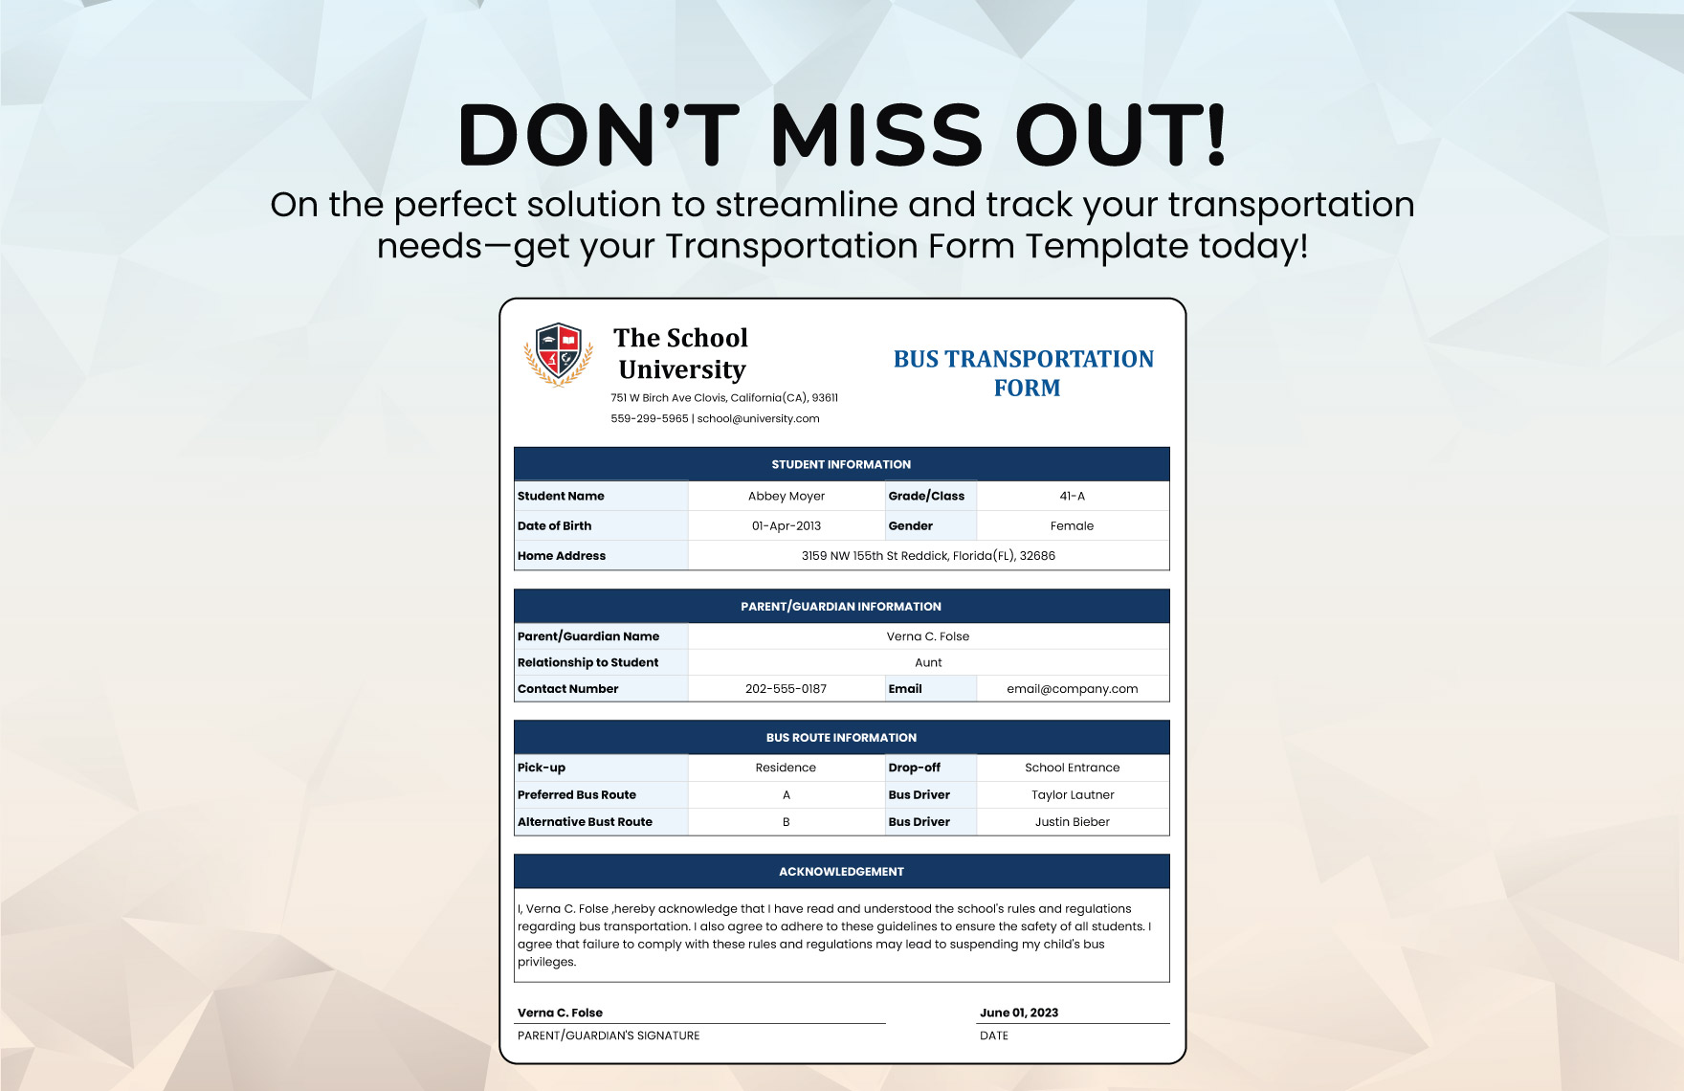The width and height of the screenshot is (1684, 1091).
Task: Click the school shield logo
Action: [x=559, y=354]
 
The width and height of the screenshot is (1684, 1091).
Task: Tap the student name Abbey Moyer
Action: [x=787, y=496]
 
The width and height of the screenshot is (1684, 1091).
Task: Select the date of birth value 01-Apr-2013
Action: [x=787, y=525]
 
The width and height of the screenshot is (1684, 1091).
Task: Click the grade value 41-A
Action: [x=1072, y=496]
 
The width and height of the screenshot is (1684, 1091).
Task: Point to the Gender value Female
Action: [x=1072, y=525]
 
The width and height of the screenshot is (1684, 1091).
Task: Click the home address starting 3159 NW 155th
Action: [x=928, y=555]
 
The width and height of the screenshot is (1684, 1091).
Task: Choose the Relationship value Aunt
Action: [x=928, y=662]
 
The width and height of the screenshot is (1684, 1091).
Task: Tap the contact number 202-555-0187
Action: [x=786, y=688]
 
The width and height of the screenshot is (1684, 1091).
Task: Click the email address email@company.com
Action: [x=1072, y=688]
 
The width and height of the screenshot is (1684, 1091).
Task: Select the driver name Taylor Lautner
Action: [x=1073, y=794]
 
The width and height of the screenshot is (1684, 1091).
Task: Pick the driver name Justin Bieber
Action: [x=1072, y=821]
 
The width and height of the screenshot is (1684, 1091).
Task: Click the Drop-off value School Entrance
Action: [x=1072, y=768]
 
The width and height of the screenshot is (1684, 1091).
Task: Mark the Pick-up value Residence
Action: [x=786, y=768]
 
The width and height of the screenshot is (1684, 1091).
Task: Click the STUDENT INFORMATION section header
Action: [x=841, y=464]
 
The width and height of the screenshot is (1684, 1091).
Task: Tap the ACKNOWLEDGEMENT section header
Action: [x=841, y=871]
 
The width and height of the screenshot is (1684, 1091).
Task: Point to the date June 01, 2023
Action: [x=1019, y=1013]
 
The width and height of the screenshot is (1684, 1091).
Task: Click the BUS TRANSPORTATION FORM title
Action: [x=1024, y=373]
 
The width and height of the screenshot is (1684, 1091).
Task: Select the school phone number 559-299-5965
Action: [x=650, y=418]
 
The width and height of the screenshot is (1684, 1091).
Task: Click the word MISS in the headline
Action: [x=876, y=134]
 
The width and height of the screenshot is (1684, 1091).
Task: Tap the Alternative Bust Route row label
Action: [x=585, y=821]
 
